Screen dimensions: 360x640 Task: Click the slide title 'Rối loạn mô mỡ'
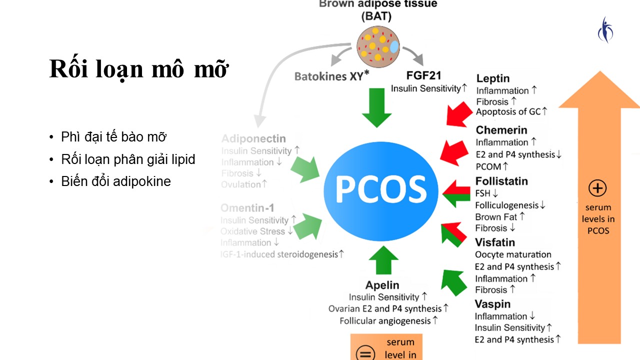click(x=138, y=69)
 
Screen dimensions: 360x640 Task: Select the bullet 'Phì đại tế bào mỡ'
click(x=113, y=137)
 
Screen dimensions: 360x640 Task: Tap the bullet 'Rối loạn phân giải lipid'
click(x=128, y=159)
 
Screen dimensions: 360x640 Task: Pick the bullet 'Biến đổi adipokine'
click(x=116, y=181)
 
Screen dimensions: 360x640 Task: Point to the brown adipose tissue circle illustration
click(x=378, y=46)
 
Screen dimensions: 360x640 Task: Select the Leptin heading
click(x=493, y=78)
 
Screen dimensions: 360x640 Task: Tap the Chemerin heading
click(x=501, y=130)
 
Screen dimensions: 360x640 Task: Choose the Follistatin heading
click(x=501, y=181)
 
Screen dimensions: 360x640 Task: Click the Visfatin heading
click(x=495, y=242)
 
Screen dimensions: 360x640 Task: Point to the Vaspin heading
click(x=493, y=304)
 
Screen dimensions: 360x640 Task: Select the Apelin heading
click(x=382, y=285)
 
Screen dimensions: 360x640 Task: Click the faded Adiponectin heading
click(x=253, y=138)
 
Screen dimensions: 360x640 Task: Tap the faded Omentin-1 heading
click(x=247, y=207)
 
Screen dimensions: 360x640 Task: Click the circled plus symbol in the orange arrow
click(x=598, y=189)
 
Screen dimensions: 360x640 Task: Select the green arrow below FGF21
click(x=376, y=107)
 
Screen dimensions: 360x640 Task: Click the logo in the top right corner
click(x=605, y=29)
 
